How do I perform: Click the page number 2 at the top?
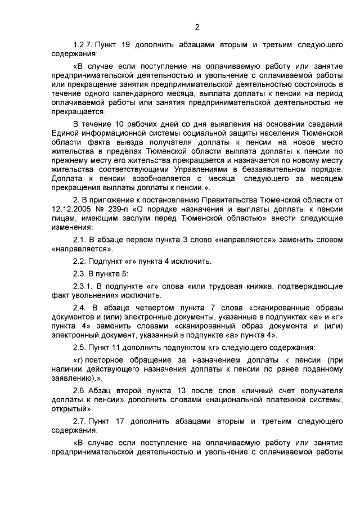pos(197,26)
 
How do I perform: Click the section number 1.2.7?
pos(83,44)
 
